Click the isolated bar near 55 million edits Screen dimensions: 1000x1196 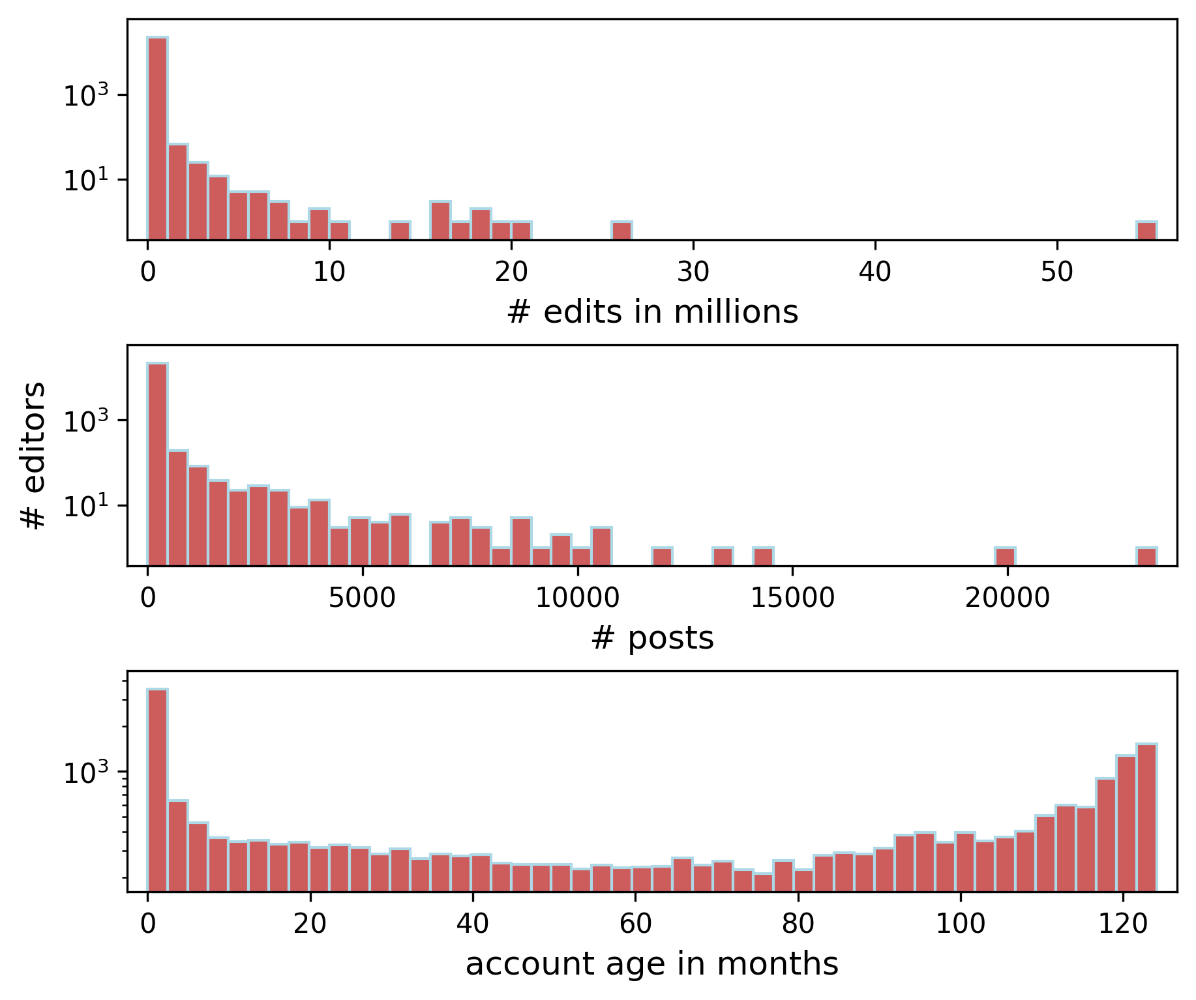[1146, 231]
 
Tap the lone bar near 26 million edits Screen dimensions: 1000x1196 [621, 231]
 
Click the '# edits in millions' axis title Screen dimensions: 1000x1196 [652, 312]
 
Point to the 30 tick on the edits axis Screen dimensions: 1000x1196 [693, 272]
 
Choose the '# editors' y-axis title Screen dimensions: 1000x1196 [33, 455]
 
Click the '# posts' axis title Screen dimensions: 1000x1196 [652, 638]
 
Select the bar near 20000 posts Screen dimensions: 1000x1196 [1005, 557]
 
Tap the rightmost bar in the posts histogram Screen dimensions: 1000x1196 [1146, 557]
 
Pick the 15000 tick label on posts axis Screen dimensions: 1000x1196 [792, 598]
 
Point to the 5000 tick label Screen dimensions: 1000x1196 [362, 598]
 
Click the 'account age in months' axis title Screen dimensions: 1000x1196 [652, 964]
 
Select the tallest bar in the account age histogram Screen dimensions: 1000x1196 [158, 789]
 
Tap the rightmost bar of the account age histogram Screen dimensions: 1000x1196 [1146, 817]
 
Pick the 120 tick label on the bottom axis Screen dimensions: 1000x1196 [1122, 924]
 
